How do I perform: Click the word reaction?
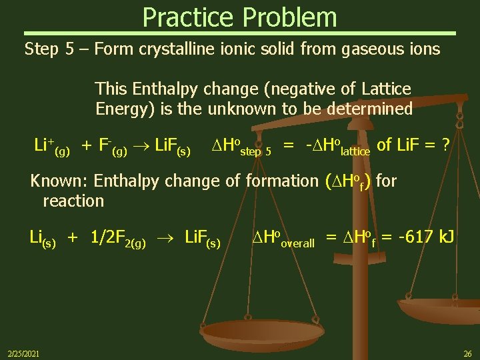pos(73,201)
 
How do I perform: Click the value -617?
pos(413,237)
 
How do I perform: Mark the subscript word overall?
pos(297,243)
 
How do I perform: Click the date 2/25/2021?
pos(23,353)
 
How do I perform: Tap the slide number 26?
pos(467,353)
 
